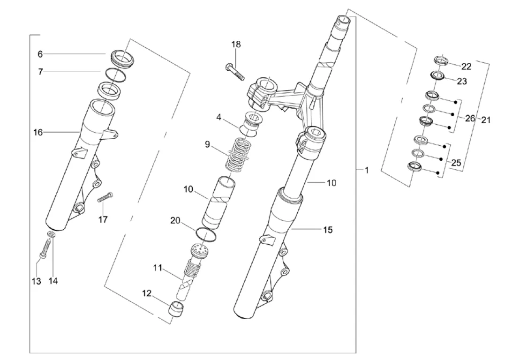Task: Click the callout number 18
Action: click(236, 45)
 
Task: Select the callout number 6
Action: click(40, 54)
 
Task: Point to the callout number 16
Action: click(38, 133)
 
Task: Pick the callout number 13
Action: click(36, 281)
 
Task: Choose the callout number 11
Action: click(158, 268)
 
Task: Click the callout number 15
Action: click(328, 230)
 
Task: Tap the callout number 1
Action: click(367, 170)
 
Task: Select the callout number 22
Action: click(467, 67)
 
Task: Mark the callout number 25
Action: click(456, 163)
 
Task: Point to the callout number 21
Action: click(486, 120)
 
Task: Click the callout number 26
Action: click(470, 118)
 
